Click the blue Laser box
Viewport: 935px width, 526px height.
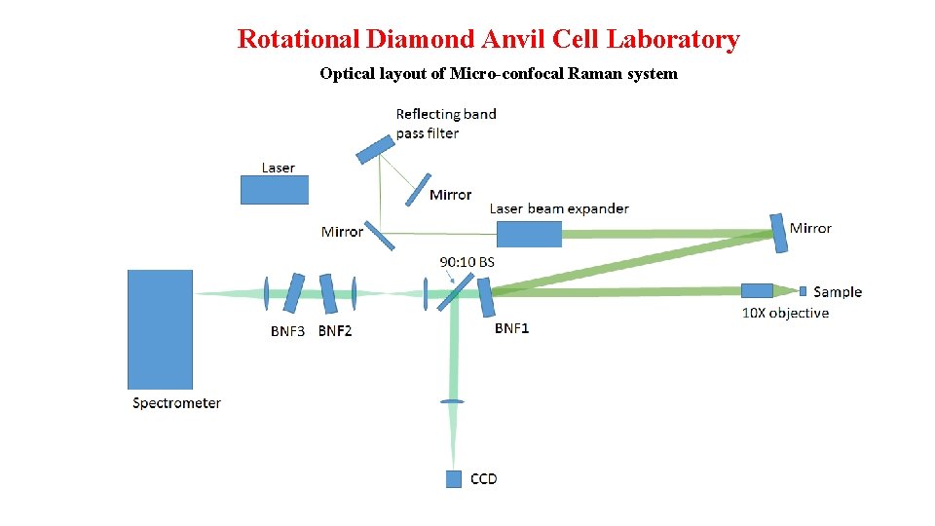(x=274, y=190)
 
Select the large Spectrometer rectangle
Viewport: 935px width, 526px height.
(x=160, y=329)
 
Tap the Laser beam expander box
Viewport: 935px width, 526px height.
(x=529, y=234)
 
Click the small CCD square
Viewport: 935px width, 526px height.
(x=453, y=478)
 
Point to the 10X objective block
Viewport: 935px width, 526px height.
(x=757, y=290)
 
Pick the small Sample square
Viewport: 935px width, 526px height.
(x=803, y=290)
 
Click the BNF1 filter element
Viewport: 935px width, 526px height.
(x=485, y=296)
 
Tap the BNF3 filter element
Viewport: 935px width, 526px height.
(x=294, y=293)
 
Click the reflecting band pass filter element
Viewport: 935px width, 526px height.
(x=375, y=149)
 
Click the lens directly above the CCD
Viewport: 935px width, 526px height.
(x=452, y=401)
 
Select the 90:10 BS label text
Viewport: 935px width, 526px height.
(x=467, y=262)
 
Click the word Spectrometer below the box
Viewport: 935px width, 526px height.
(x=176, y=403)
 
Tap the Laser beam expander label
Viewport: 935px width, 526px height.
(x=558, y=208)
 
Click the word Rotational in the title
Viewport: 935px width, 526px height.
(x=299, y=40)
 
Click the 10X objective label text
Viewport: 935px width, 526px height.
(x=785, y=313)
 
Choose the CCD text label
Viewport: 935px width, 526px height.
(x=483, y=478)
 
